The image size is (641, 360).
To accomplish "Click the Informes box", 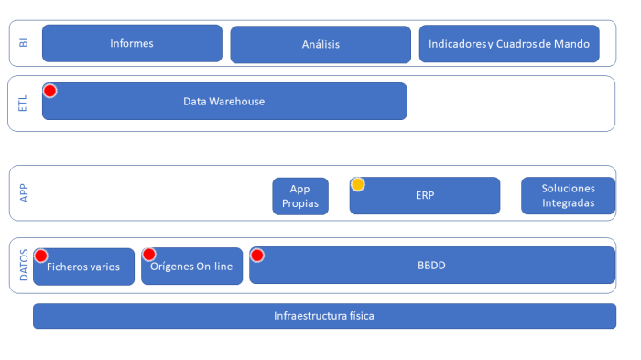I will tap(132, 43).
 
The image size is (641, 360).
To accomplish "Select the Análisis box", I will tap(320, 45).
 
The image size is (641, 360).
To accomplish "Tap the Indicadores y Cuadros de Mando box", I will tap(509, 44).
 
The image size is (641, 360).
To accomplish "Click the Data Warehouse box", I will tap(224, 101).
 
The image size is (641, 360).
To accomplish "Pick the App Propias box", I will tap(300, 196).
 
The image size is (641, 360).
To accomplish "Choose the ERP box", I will tap(425, 196).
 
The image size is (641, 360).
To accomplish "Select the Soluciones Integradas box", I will tap(568, 195).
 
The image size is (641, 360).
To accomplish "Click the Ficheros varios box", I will tap(83, 267).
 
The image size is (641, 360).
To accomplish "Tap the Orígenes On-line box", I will tap(191, 267).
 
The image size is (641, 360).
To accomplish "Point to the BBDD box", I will tap(431, 265).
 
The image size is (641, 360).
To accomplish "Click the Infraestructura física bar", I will tap(324, 316).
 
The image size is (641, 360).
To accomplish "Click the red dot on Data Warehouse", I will tap(50, 91).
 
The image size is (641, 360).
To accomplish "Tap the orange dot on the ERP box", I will tap(358, 184).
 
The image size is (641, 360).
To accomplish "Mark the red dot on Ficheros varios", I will tap(41, 255).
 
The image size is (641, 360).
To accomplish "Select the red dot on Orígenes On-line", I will tap(149, 255).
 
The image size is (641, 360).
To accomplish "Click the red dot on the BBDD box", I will tap(257, 255).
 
